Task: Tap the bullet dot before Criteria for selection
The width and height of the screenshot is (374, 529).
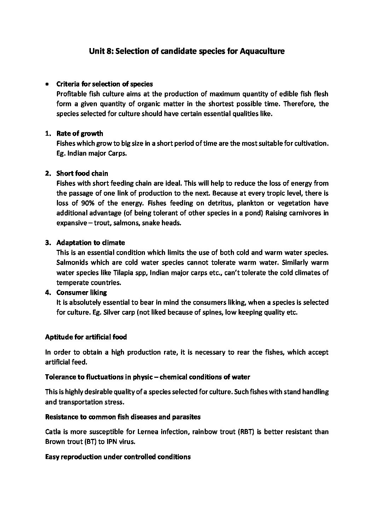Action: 47,84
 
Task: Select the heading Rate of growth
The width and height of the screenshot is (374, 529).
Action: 80,134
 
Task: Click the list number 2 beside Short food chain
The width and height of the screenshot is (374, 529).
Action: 47,174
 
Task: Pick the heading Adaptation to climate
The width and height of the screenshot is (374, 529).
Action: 90,243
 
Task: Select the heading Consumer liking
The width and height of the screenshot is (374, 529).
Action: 81,293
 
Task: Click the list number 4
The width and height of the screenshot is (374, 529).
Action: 47,293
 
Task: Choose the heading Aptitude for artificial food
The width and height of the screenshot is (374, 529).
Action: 86,337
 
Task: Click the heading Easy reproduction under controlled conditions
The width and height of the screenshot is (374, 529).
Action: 118,457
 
